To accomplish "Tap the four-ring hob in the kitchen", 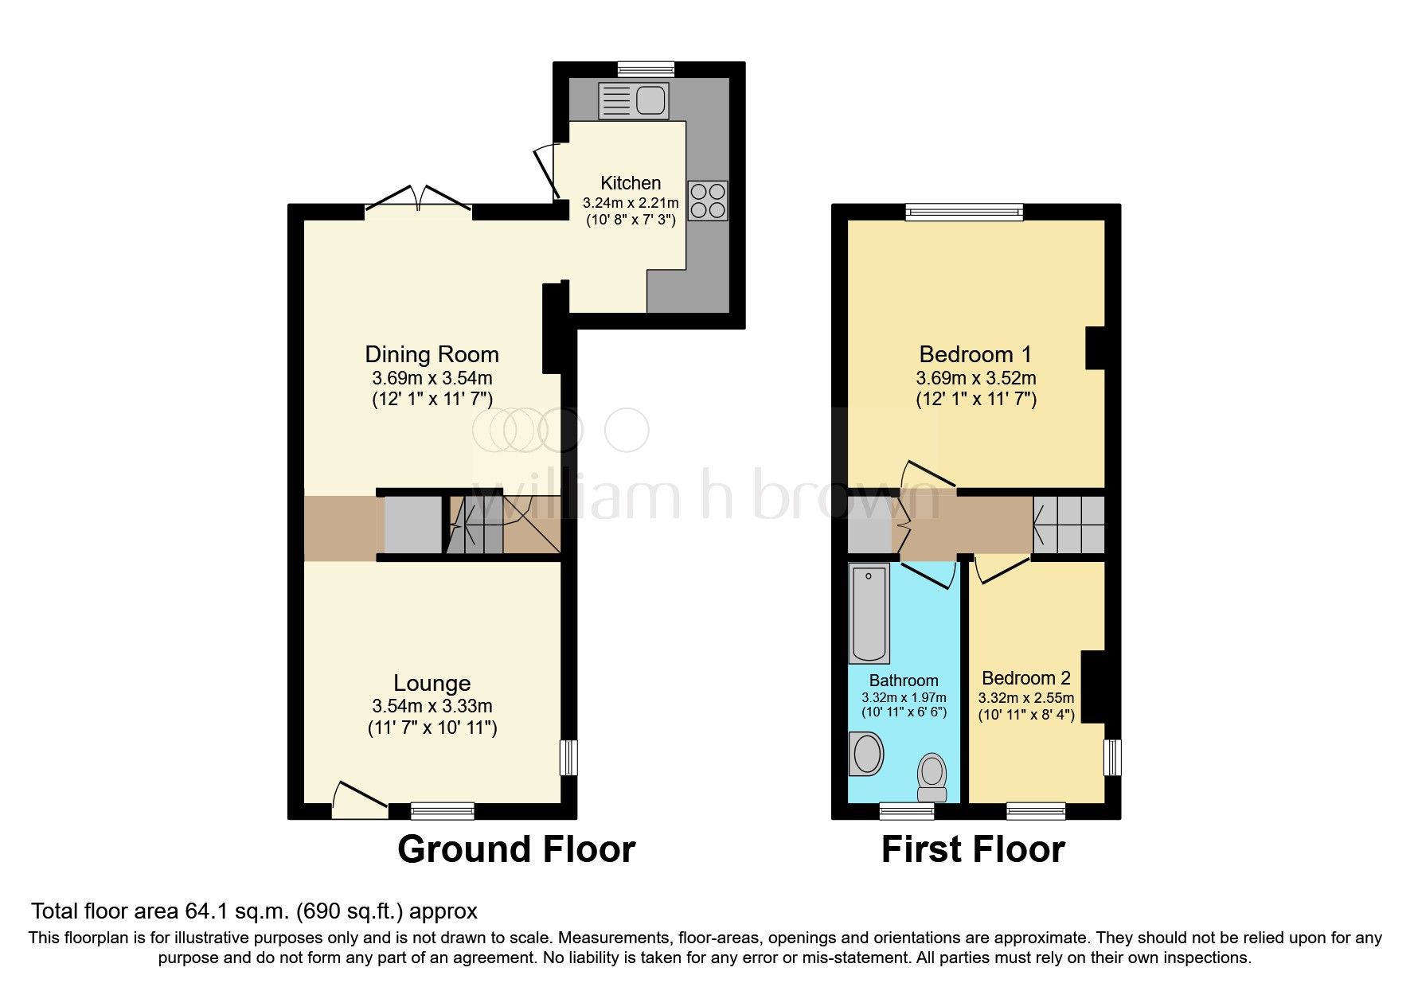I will (708, 201).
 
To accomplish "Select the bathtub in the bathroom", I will (869, 613).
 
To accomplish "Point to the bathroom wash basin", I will (866, 754).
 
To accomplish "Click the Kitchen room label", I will (631, 183).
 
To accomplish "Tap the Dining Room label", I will (432, 354).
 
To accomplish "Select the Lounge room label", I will (432, 683).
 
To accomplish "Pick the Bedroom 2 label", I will (1025, 678).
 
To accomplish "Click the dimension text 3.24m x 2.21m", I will (631, 203).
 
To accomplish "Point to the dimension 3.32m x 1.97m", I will (904, 697).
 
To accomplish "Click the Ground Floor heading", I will (516, 849).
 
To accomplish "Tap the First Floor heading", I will (973, 849).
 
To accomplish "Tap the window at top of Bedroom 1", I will (964, 212).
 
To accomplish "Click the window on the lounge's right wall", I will (568, 757).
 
